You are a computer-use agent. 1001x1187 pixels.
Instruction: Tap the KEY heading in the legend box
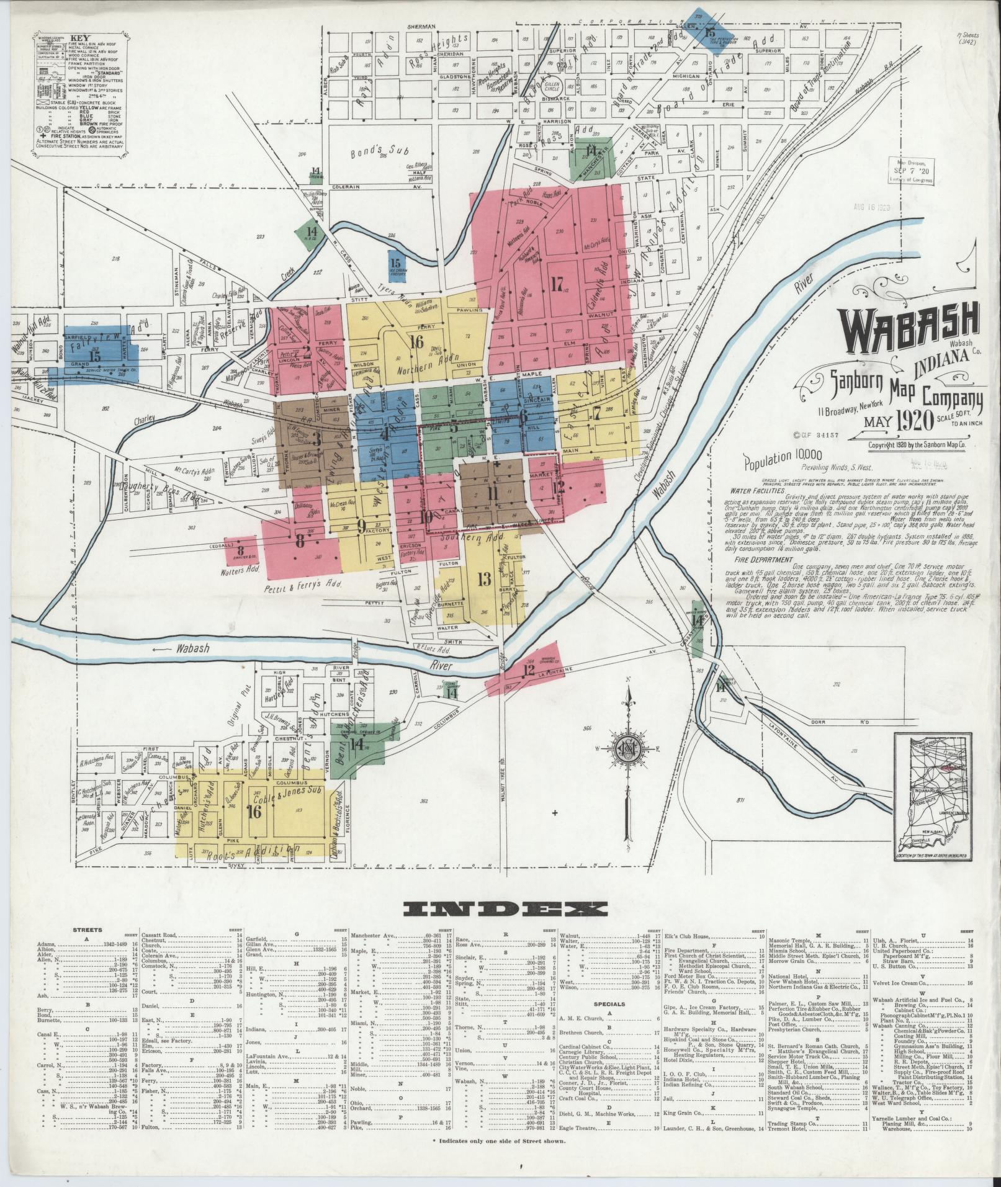(x=80, y=37)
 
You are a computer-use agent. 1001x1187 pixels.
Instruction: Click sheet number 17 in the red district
(x=557, y=284)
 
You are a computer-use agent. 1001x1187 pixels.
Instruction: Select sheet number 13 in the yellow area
(x=485, y=579)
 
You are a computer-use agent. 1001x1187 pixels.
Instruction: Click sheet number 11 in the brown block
(x=493, y=493)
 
